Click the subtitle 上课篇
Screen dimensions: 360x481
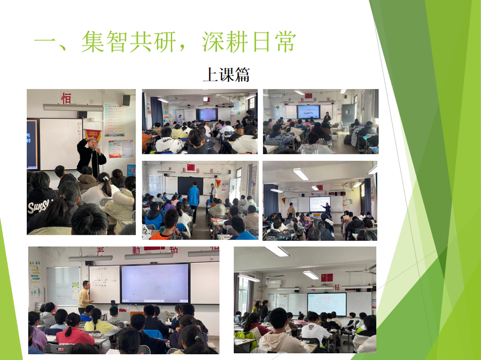pos(226,75)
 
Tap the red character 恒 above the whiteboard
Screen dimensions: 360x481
pos(66,98)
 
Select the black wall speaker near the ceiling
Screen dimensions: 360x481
pos(126,100)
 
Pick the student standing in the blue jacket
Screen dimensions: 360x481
pos(193,199)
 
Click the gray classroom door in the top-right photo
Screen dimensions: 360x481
pos(348,114)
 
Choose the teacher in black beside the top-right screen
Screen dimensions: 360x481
pos(327,117)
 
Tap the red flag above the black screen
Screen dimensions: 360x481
pos(190,167)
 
